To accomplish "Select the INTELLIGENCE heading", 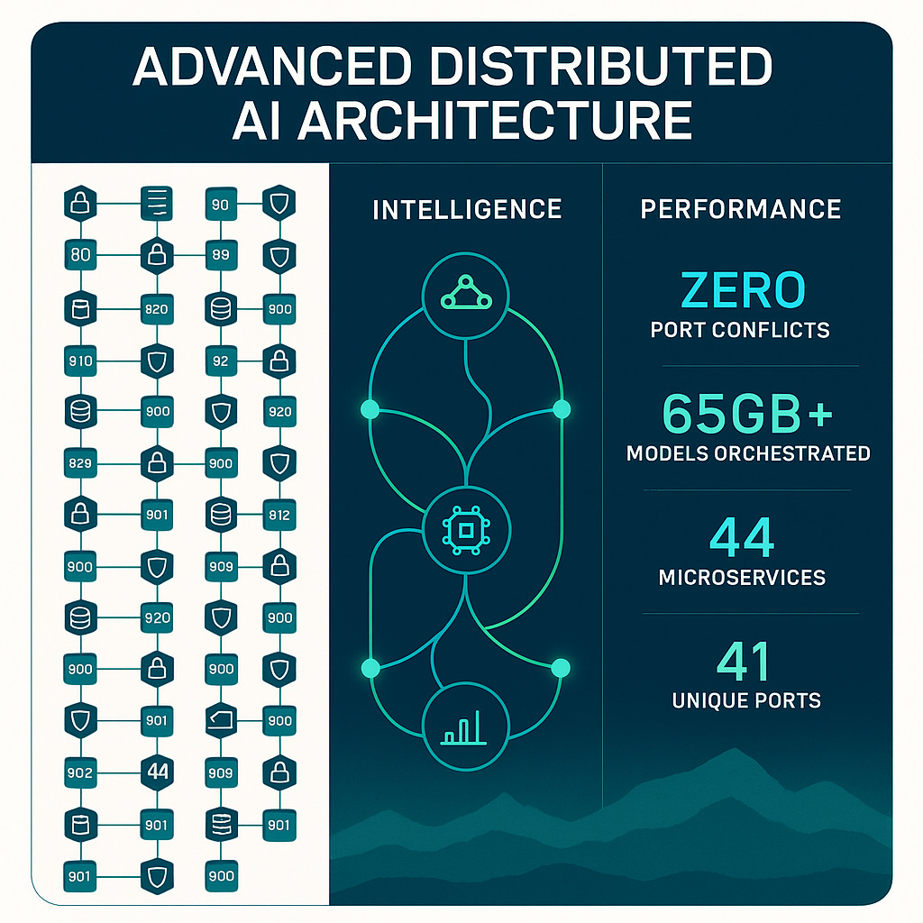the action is [467, 209].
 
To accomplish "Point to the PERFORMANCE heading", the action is [741, 209].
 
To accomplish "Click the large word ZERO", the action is [743, 290].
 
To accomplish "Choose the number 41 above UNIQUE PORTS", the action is [745, 663].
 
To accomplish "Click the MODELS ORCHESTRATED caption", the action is [748, 453].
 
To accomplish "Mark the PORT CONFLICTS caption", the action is [740, 329].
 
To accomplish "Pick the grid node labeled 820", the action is [157, 309].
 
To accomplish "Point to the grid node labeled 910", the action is [80, 361].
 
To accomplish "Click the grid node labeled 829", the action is [80, 463].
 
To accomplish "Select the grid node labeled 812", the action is [279, 516].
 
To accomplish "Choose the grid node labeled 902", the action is [80, 772].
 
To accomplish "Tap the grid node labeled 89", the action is [221, 255].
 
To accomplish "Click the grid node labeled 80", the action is [80, 255].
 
